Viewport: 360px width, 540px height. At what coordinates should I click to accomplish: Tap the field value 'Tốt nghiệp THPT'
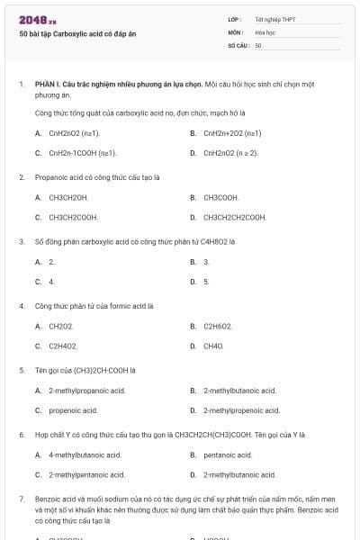pos(274,19)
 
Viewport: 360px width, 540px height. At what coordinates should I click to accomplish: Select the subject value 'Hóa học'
pos(265,31)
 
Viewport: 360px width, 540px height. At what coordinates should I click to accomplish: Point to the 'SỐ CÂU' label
pos(238,44)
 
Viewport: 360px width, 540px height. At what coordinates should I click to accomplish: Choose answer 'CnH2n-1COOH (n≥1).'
pos(82,153)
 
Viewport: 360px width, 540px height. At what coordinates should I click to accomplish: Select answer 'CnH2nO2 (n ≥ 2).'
pos(231,153)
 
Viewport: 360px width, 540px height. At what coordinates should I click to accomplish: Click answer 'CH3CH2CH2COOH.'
pos(235,217)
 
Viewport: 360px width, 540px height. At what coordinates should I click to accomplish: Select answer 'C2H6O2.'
pos(219,326)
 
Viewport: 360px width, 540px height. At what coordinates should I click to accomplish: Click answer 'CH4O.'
pos(214,346)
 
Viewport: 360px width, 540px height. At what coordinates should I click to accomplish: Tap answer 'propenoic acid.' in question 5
pos(73,410)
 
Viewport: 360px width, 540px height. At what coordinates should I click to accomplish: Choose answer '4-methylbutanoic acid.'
pos(85,454)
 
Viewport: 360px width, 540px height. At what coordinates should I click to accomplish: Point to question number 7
pos(22,499)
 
